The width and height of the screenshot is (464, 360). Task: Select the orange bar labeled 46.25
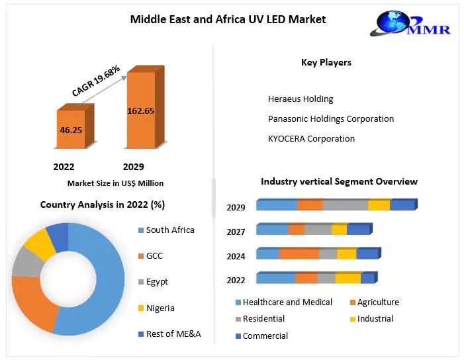tap(70, 130)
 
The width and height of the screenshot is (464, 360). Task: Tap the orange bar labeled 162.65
tap(140, 111)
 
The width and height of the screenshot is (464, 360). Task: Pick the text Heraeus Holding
tap(301, 99)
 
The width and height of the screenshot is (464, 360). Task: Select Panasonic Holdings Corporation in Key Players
tap(331, 119)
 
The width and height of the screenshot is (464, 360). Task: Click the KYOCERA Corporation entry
tap(311, 139)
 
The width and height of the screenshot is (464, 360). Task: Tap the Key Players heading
tap(326, 63)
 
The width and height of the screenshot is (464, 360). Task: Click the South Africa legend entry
tap(170, 230)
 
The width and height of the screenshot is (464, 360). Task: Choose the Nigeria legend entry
tap(161, 308)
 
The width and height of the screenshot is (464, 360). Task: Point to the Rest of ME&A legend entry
tap(173, 334)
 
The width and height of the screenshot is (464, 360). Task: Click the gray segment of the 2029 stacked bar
tap(345, 206)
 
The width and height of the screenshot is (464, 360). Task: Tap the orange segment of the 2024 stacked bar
tap(299, 254)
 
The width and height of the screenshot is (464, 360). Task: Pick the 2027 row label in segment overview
tap(236, 232)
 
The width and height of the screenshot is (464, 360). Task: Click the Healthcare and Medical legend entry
tap(287, 302)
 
